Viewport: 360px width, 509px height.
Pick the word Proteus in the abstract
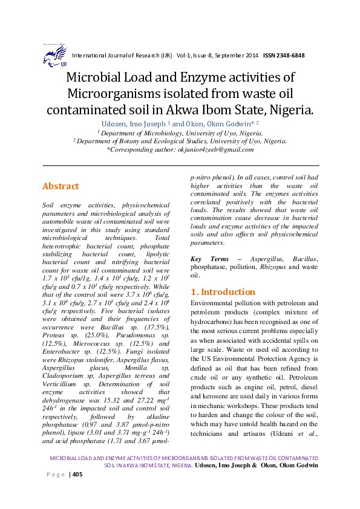click(54, 334)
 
